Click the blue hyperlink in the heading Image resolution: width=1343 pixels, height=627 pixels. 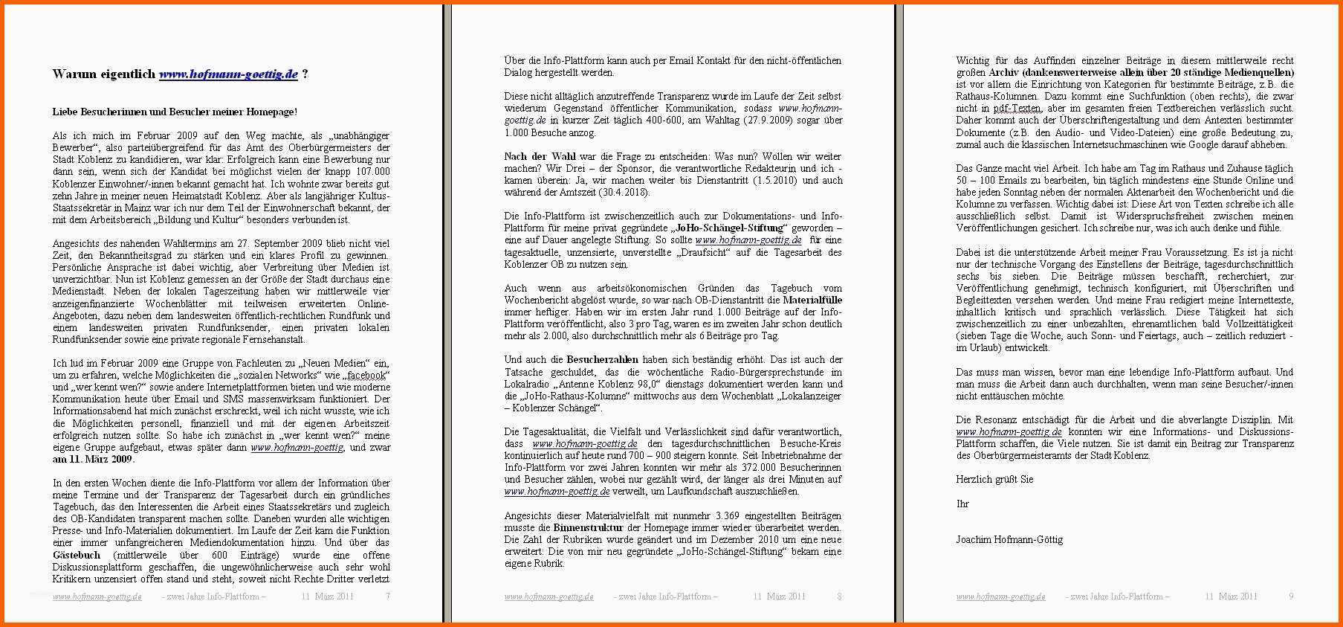click(x=228, y=74)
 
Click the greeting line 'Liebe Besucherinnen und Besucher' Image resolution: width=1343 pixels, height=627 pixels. click(x=175, y=112)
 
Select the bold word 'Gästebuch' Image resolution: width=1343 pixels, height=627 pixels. click(x=77, y=555)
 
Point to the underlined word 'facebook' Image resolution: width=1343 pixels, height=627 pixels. click(x=366, y=375)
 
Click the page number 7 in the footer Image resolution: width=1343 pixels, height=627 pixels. click(x=387, y=597)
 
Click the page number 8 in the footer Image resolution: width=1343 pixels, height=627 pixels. click(x=839, y=597)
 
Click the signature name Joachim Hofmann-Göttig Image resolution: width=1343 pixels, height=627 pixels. click(x=1009, y=539)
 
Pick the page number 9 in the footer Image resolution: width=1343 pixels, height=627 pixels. click(x=1291, y=597)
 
